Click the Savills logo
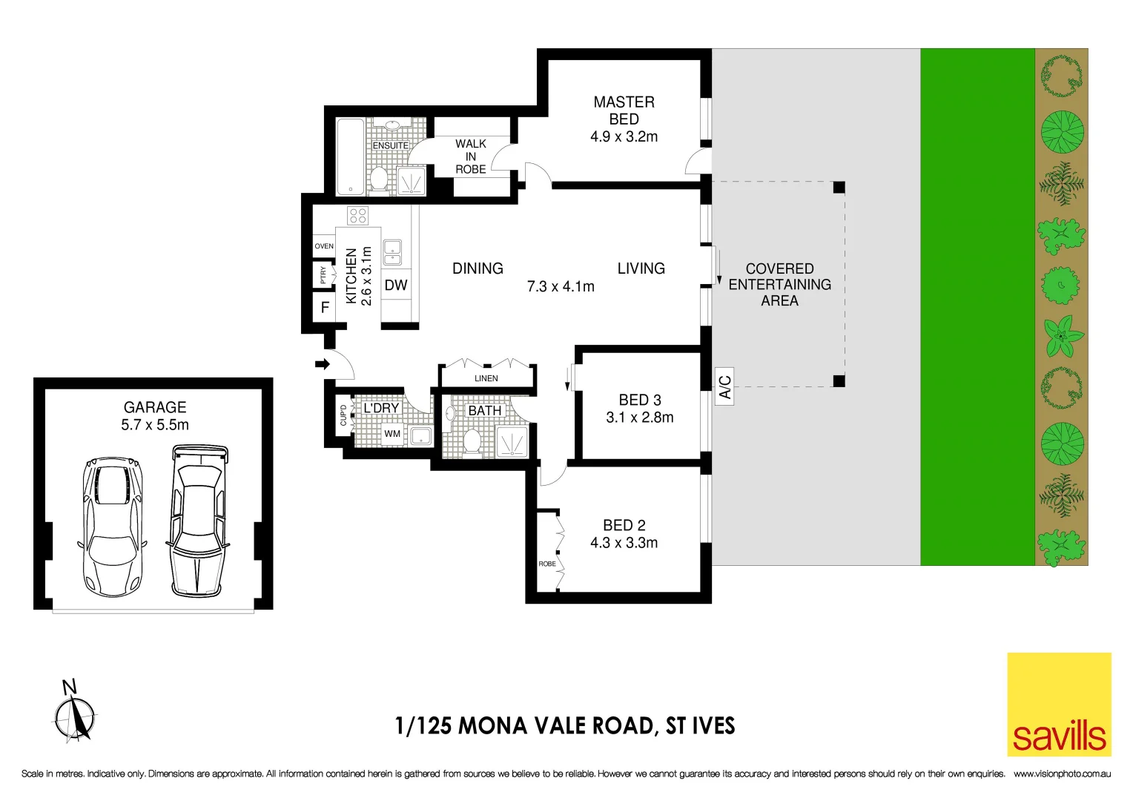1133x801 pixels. tap(1058, 704)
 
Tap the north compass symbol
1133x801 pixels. tap(74, 715)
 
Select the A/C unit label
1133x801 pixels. tap(724, 386)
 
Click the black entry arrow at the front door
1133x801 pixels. tap(322, 364)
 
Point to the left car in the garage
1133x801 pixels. tap(112, 526)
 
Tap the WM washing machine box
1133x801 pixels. tap(392, 434)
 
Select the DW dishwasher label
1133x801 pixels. tap(396, 286)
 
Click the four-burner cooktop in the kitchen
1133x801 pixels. tap(358, 216)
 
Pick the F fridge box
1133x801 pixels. tap(325, 307)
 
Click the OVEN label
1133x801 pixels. tap(324, 246)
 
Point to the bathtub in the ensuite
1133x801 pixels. tap(350, 156)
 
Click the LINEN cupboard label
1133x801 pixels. tap(486, 378)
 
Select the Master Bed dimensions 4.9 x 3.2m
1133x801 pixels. tap(624, 136)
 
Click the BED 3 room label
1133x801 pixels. tap(639, 400)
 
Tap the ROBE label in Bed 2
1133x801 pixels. tap(547, 564)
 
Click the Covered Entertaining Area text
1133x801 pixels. tap(779, 284)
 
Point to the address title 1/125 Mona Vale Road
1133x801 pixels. tap(565, 725)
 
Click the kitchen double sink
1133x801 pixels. tap(392, 252)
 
